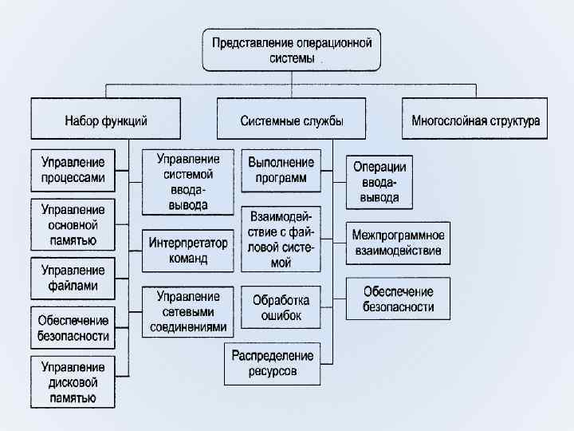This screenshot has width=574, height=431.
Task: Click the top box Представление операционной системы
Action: pos(291,50)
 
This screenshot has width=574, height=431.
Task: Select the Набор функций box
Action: pos(106,120)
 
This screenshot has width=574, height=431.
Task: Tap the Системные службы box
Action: pos(292,120)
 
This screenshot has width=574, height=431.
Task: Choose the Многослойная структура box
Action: pos(475,120)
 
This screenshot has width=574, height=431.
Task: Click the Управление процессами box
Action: pos(73,170)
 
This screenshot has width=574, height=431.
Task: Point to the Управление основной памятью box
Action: pos(73,223)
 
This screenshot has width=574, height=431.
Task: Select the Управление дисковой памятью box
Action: pos(73,382)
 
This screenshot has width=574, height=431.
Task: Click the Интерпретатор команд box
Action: pos(188,251)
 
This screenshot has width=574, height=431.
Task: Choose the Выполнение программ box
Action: pos(281,170)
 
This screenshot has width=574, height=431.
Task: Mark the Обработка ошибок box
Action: pos(281,308)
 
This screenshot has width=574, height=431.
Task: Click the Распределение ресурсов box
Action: pos(273,363)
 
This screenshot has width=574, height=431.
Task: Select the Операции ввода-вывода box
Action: pos(379,182)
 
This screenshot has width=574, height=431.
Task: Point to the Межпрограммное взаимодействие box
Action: pos(398,243)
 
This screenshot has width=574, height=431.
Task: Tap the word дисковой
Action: pos(73,382)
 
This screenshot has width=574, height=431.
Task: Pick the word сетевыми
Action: pos(188,312)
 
